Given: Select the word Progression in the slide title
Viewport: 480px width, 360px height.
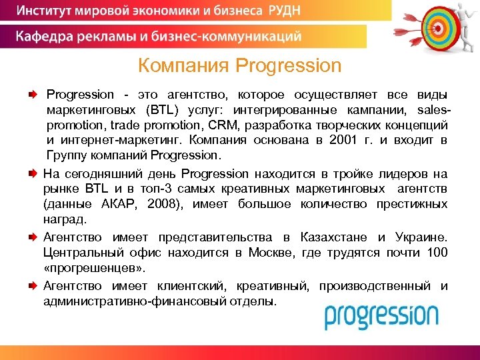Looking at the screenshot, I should tap(289, 66).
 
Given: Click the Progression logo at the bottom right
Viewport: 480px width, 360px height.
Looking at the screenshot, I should tap(381, 316).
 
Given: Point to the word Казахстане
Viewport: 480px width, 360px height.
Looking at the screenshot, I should tap(333, 237).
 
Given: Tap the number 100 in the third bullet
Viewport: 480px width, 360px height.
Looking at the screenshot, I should tap(437, 253).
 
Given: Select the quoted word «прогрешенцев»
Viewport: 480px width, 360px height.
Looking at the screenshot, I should tap(93, 269).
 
